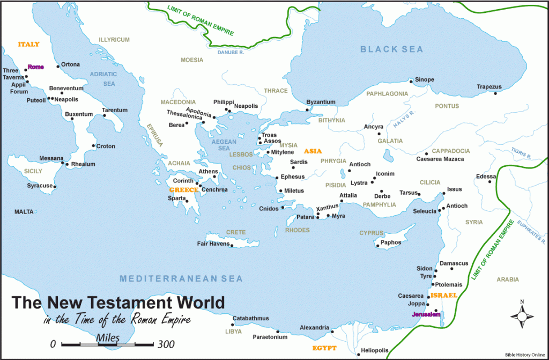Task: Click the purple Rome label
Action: click(36, 67)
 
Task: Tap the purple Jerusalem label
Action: click(426, 314)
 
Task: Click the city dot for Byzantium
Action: click(308, 109)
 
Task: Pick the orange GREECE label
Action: click(184, 190)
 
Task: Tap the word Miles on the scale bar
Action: click(108, 338)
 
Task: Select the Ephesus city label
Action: click(293, 177)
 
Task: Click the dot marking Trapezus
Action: click(495, 94)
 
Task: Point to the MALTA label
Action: click(24, 212)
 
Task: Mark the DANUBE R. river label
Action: click(231, 52)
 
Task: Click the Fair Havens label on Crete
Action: click(213, 244)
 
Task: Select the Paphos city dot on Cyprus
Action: click(377, 246)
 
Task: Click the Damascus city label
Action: click(454, 263)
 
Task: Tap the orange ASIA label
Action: click(313, 151)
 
